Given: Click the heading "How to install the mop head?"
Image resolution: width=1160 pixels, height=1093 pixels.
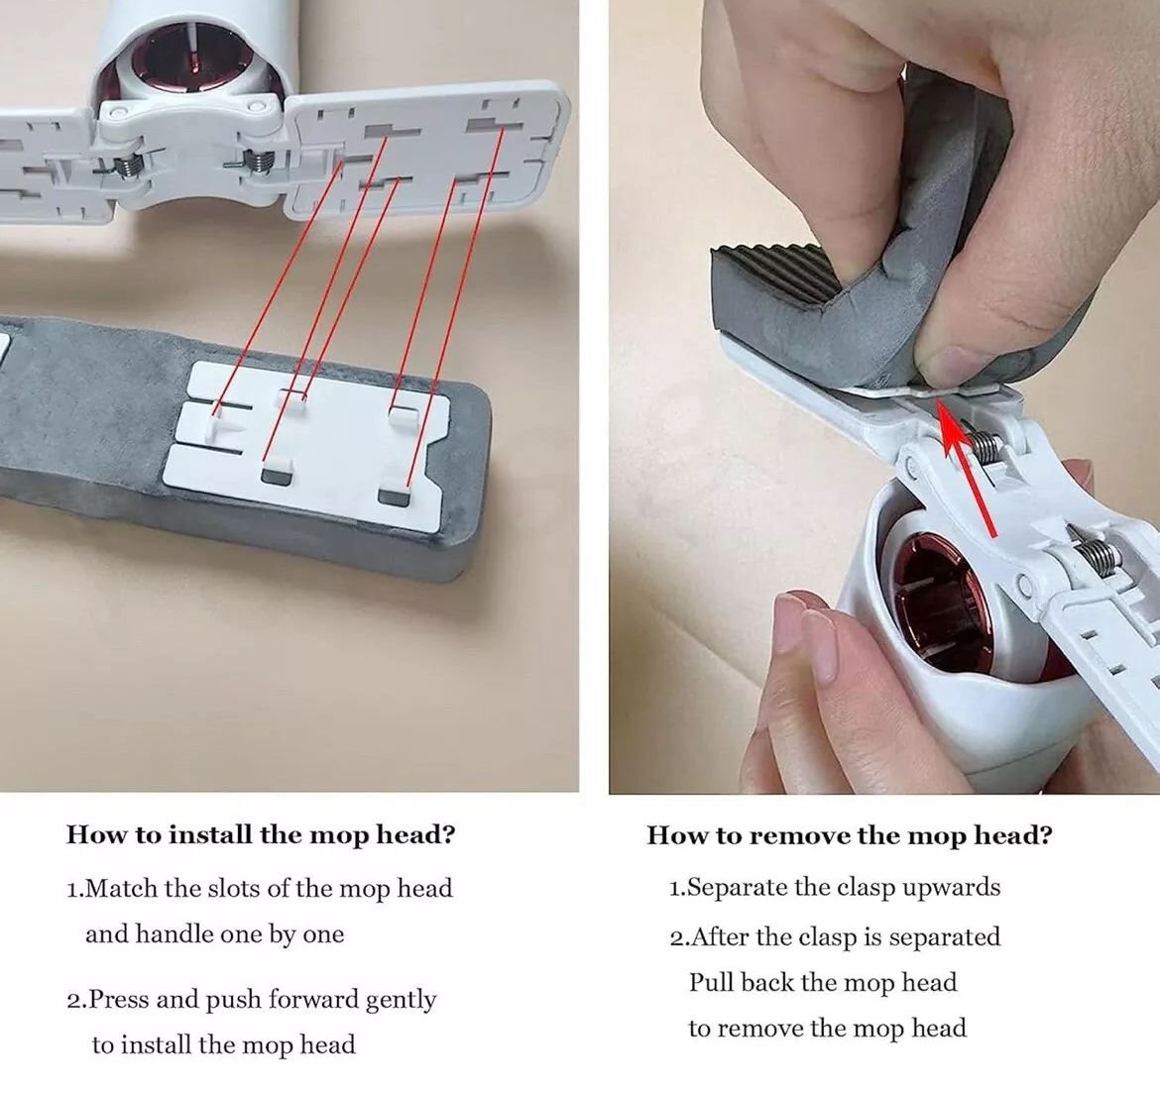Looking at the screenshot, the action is click(x=261, y=835).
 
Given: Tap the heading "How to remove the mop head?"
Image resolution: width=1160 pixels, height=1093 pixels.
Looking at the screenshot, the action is click(x=850, y=835).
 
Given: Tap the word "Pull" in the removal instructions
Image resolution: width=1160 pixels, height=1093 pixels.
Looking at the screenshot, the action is click(x=712, y=982).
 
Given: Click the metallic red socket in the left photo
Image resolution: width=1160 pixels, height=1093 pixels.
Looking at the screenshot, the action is click(x=192, y=60).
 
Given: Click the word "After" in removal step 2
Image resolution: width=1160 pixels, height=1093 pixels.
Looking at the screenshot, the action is click(x=721, y=937).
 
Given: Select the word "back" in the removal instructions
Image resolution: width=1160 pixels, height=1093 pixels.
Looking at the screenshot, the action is click(x=768, y=982).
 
